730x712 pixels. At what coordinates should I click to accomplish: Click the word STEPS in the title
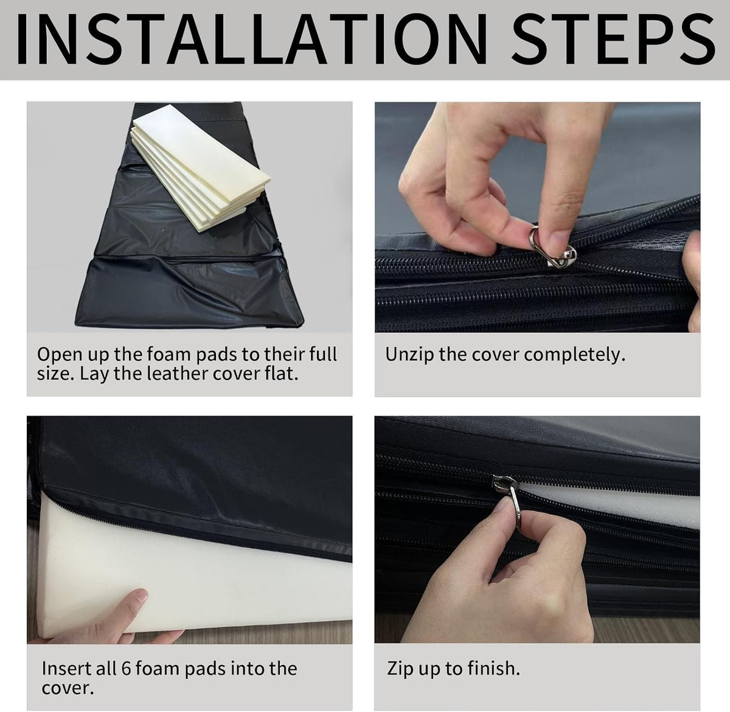[613, 39]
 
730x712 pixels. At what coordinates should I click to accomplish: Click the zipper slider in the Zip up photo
[504, 484]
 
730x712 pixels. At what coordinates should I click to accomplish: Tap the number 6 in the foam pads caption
[126, 668]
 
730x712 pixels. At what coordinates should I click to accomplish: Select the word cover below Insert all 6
[68, 688]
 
